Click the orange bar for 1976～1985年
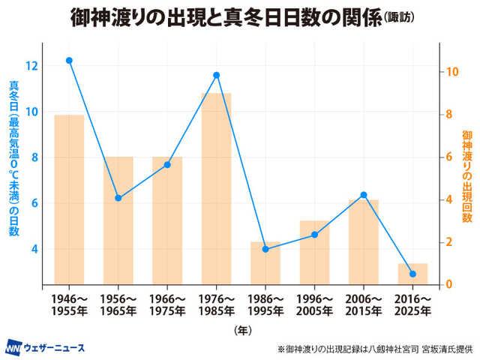click(216, 187)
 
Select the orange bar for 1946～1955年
click(69, 199)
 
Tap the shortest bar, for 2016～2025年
click(412, 274)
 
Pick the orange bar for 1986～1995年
click(265, 262)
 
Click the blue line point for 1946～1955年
click(69, 60)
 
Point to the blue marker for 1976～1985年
click(216, 75)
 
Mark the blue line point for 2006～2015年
click(363, 195)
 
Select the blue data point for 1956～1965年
click(118, 198)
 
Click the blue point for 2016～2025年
click(412, 274)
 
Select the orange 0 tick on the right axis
click(447, 284)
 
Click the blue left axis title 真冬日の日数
click(13, 157)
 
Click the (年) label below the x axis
click(241, 329)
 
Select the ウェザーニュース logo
click(46, 347)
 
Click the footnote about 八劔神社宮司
click(376, 349)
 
